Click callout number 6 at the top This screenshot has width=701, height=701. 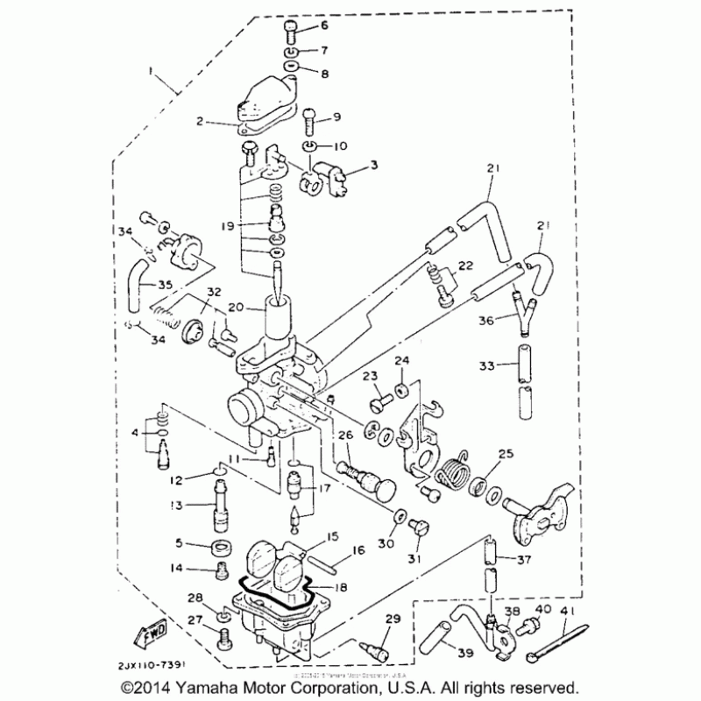pyautogui.click(x=324, y=26)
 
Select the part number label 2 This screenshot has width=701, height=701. pyautogui.click(x=200, y=122)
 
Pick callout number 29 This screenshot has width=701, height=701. pyautogui.click(x=391, y=620)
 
